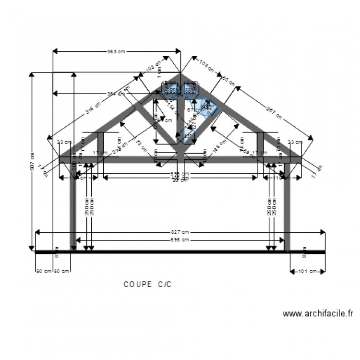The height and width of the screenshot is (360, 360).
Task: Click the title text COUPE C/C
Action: click(x=147, y=284)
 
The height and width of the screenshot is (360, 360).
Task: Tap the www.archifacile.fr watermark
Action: click(x=317, y=314)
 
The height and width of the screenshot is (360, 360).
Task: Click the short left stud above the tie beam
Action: click(x=101, y=144)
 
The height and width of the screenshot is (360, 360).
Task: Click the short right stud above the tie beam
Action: click(x=260, y=144)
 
